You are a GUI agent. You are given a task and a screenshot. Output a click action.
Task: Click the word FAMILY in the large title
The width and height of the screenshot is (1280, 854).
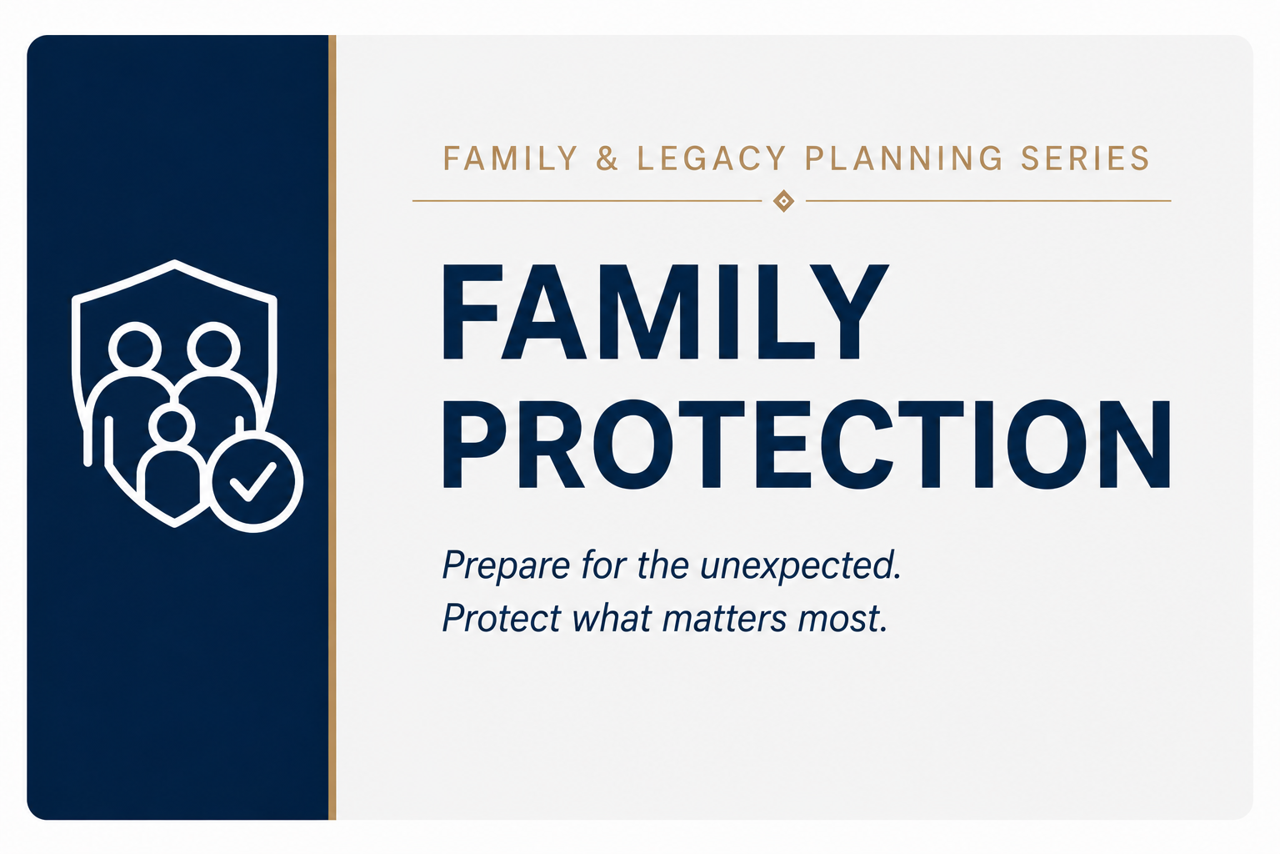tap(665, 312)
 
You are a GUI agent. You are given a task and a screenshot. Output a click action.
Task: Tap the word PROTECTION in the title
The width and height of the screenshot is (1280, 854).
tap(807, 445)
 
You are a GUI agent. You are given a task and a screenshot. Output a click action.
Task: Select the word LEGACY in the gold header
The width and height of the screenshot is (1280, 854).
tap(712, 158)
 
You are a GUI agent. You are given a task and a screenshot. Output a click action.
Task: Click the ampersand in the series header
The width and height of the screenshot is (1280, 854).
tap(607, 158)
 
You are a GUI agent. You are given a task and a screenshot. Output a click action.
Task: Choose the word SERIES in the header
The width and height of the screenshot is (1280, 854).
tap(1085, 158)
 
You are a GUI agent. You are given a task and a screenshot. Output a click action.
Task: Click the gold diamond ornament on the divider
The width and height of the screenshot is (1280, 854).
tap(783, 201)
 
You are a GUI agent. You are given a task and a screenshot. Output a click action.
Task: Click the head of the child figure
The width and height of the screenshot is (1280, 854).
tap(172, 426)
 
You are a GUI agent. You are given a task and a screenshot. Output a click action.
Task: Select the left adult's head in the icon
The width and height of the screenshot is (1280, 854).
tap(135, 347)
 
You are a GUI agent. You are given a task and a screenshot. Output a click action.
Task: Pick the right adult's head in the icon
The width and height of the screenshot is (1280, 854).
tap(213, 347)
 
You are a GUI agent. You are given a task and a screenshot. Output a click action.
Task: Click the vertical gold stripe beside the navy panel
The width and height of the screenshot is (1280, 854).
tap(332, 427)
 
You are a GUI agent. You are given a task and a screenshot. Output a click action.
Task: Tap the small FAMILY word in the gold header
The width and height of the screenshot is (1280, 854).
tap(511, 158)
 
